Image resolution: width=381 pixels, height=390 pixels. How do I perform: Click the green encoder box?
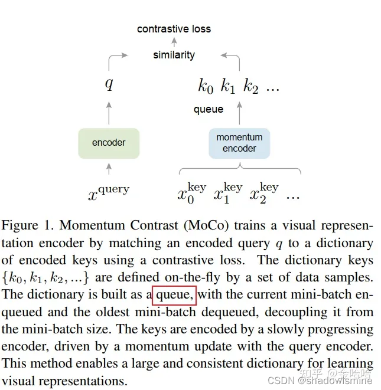tap(109, 143)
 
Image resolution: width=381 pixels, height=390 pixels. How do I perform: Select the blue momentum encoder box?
tap(239, 143)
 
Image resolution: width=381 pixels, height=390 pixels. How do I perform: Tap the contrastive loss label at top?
tap(174, 28)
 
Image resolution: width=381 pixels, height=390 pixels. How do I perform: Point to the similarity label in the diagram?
tap(174, 55)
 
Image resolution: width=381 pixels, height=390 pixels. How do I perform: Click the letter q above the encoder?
tap(109, 84)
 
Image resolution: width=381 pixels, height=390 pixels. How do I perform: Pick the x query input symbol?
tap(109, 191)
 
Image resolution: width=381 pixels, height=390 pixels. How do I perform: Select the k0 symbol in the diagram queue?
tap(205, 87)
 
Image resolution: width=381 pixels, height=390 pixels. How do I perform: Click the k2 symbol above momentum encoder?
tap(251, 87)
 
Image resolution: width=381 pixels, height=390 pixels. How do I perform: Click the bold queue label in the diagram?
tap(209, 109)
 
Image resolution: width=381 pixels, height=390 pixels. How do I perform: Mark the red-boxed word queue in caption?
tap(174, 294)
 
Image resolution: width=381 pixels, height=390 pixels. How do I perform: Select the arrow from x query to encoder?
tap(109, 169)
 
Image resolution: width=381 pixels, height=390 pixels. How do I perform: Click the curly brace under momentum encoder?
tap(239, 171)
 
